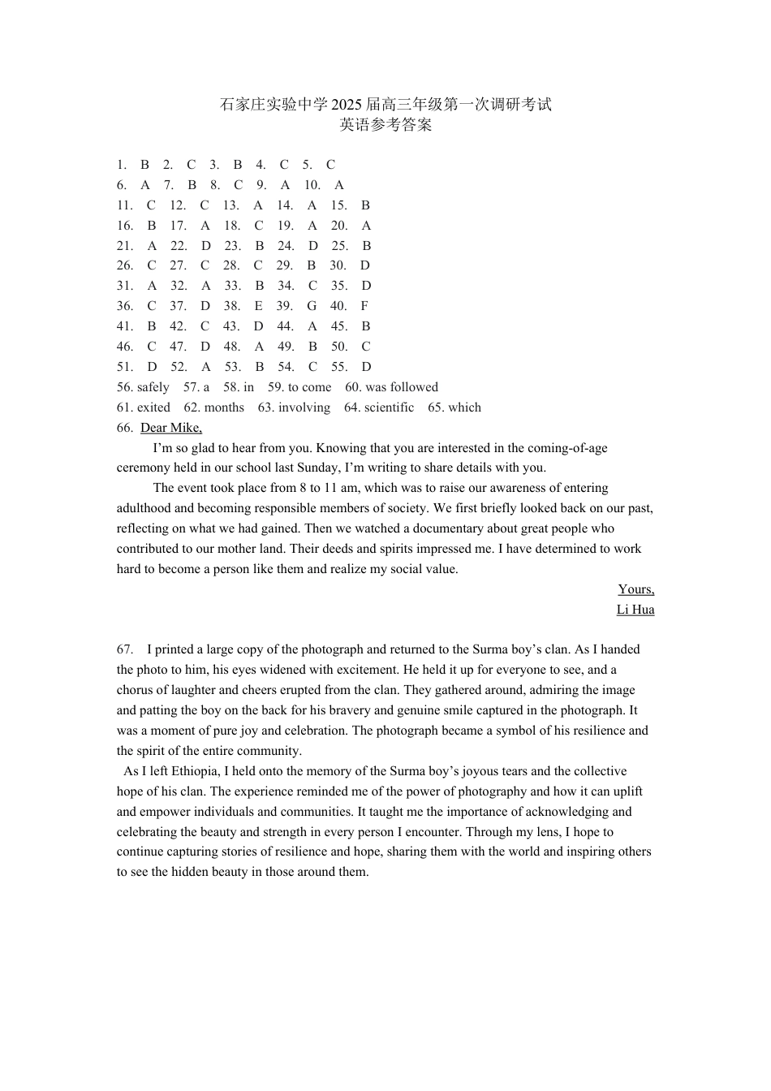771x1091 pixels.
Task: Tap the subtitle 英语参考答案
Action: point(385,125)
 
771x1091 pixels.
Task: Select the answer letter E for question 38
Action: point(259,306)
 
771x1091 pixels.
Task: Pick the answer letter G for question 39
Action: point(312,306)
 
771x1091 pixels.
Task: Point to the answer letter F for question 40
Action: point(364,306)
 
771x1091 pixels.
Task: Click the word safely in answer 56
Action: point(153,387)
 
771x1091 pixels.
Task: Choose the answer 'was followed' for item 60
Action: point(402,387)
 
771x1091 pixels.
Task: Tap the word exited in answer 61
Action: point(153,408)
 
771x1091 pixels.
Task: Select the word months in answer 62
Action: point(224,408)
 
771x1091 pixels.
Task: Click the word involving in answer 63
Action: point(304,408)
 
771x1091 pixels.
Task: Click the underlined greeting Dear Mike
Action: point(171,428)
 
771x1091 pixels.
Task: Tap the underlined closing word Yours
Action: point(636,589)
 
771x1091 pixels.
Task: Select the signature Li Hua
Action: point(635,610)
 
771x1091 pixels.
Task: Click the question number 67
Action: point(125,649)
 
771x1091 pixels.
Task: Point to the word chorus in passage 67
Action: point(135,690)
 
